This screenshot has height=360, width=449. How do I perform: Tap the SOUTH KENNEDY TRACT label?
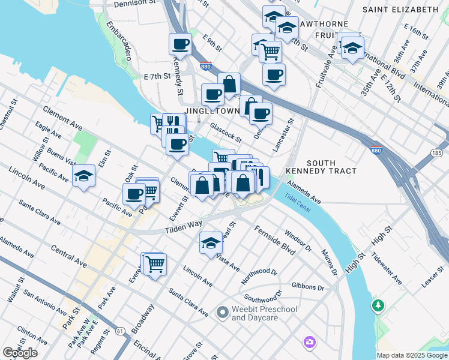click(331, 167)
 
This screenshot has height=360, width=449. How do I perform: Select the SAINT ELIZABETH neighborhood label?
click(400, 10)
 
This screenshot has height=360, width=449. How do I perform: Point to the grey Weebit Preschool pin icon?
click(222, 312)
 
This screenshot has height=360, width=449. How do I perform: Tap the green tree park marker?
click(378, 306)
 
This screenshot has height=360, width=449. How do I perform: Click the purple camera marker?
click(310, 342)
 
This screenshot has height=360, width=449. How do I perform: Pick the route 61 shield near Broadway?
click(121, 331)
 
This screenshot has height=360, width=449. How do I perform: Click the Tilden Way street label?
click(183, 226)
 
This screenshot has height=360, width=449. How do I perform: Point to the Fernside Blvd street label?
click(274, 240)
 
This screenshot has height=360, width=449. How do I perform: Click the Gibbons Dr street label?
click(307, 287)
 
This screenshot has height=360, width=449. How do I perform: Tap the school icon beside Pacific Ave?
click(84, 176)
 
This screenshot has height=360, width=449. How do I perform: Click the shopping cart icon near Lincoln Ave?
click(154, 263)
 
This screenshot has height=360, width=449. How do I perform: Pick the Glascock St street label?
click(226, 132)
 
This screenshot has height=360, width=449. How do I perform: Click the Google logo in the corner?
click(20, 353)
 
